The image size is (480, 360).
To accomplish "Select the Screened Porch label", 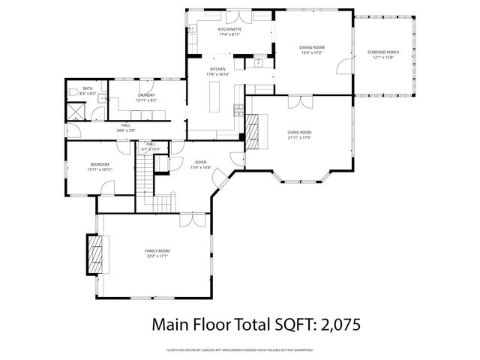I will tap(382, 52).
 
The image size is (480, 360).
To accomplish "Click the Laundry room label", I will tap(146, 95).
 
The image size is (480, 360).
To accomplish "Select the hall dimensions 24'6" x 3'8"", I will tap(125, 130).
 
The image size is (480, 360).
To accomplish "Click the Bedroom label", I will tap(100, 164).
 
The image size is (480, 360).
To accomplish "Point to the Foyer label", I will tap(201, 162).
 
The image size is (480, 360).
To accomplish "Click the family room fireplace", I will tap(94, 254).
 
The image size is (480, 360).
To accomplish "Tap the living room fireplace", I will tap(256, 132).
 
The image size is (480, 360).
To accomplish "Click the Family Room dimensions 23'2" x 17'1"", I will tap(157, 256).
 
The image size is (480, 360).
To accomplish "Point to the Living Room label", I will tap(299, 132).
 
